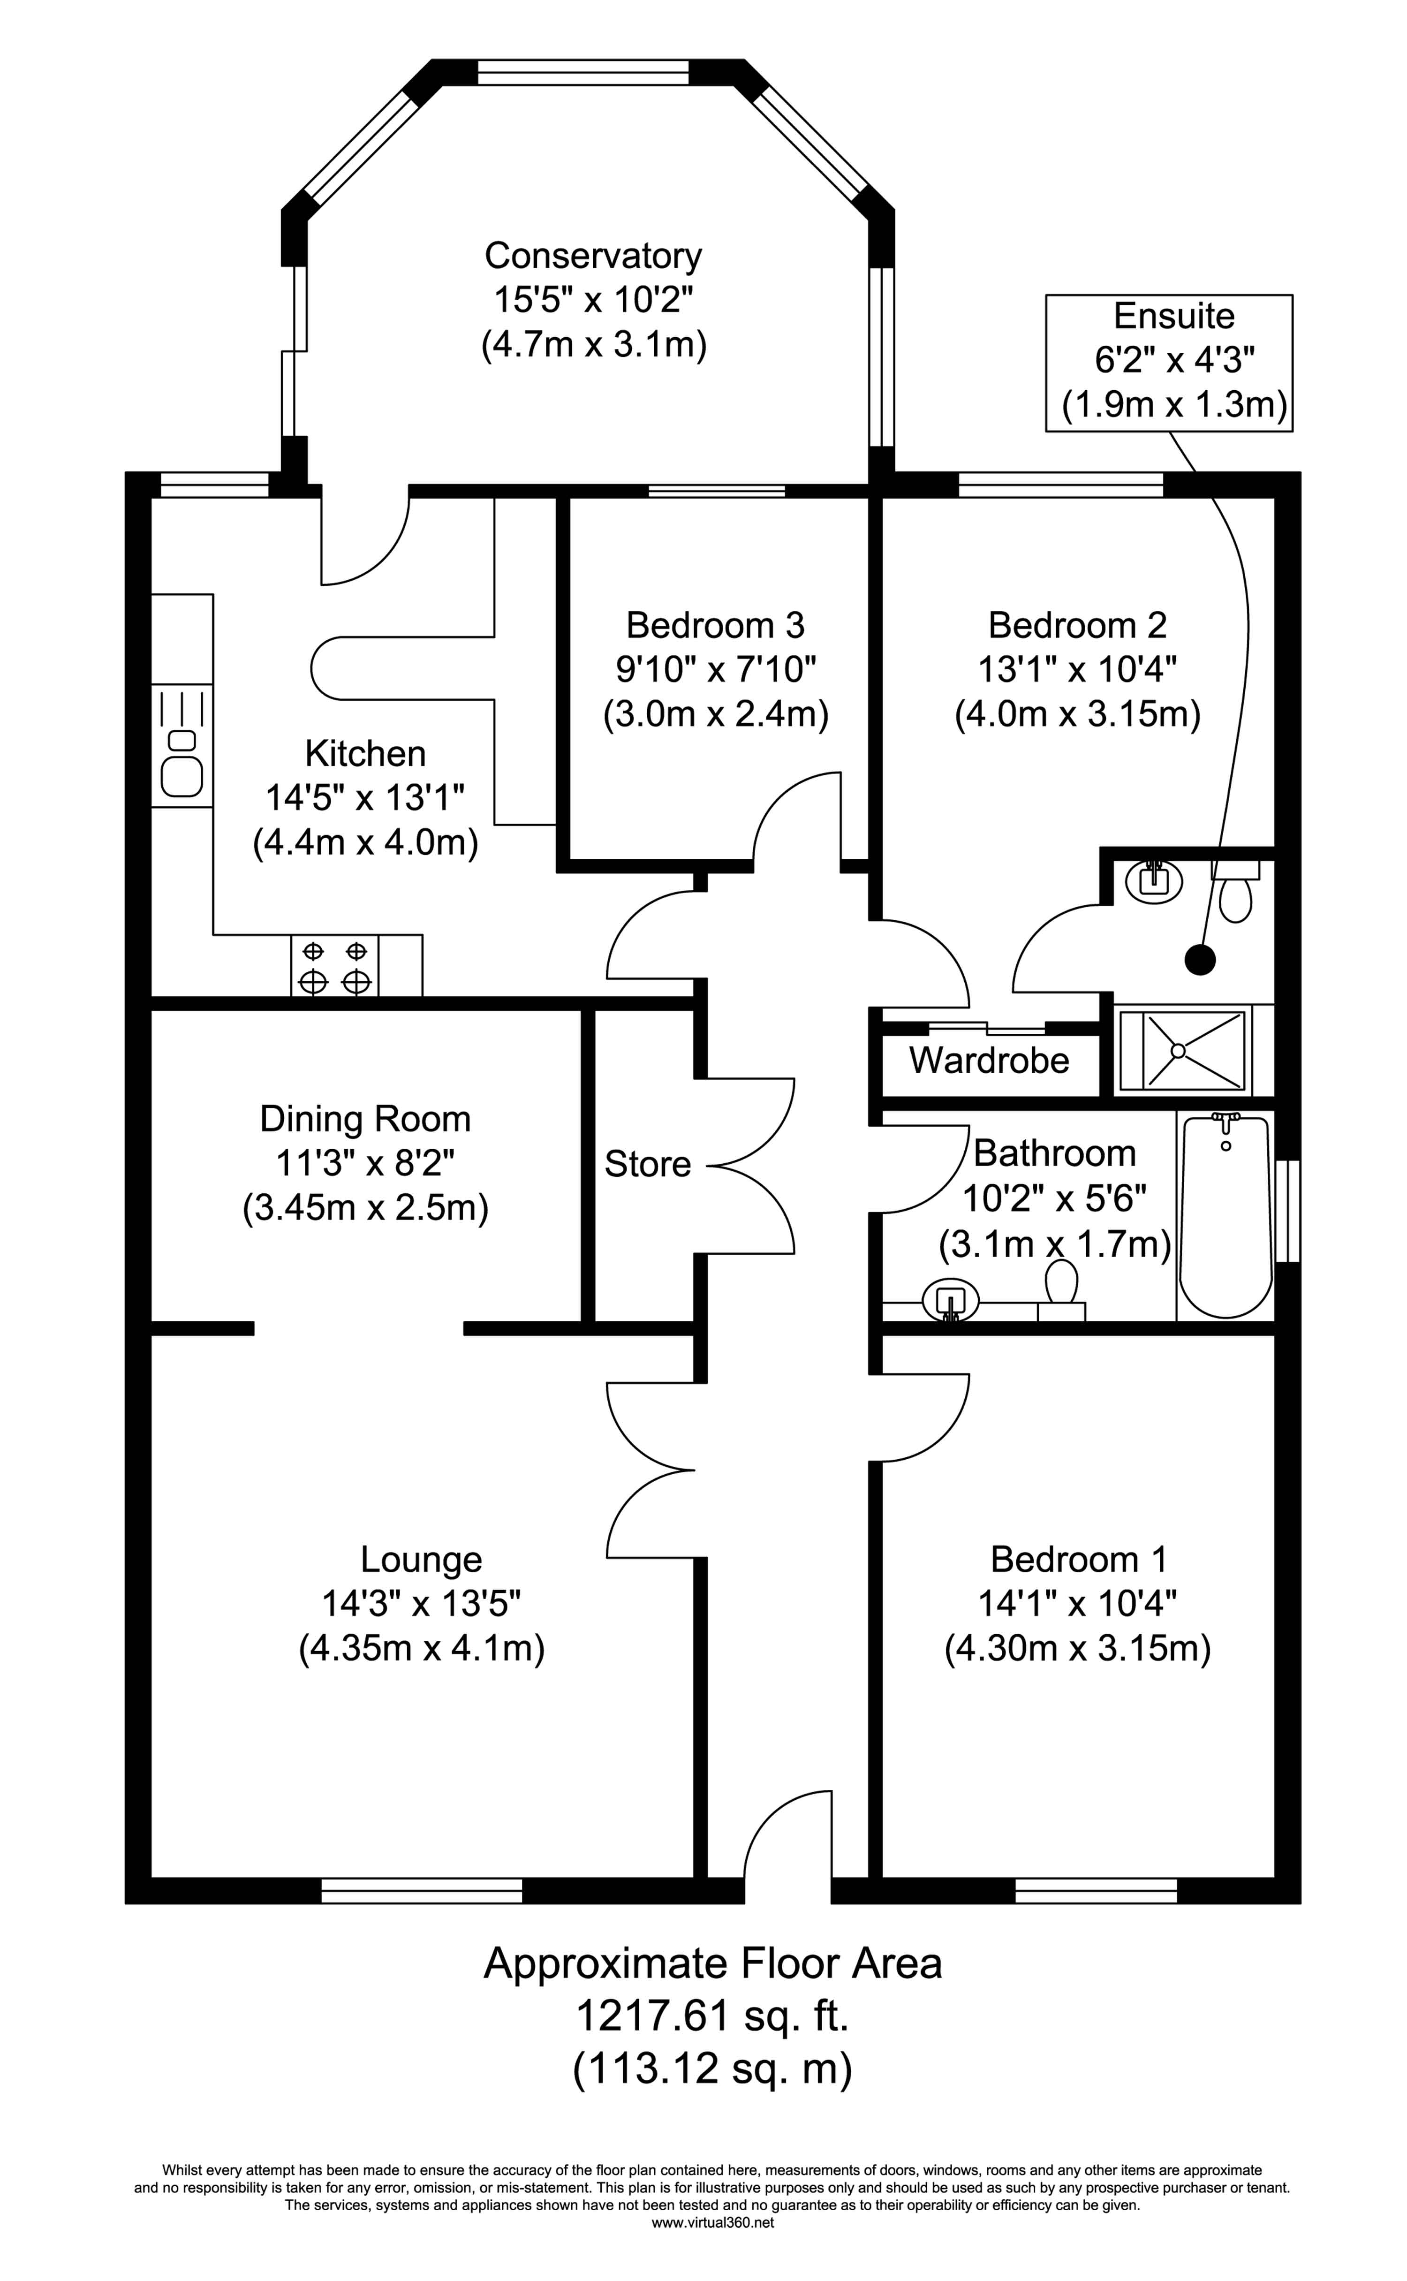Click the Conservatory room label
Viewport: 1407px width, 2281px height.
coord(593,255)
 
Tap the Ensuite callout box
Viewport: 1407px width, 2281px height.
coord(1169,363)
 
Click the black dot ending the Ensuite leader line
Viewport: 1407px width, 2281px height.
coord(1201,960)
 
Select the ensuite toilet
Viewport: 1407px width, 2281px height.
coord(1236,890)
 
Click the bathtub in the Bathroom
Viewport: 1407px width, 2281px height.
coord(1225,1216)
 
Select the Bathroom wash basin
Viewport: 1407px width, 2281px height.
coord(951,1300)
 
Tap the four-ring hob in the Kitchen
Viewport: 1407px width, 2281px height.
coord(335,966)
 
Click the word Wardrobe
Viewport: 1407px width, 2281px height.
coord(989,1060)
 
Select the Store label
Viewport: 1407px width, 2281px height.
coord(648,1164)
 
